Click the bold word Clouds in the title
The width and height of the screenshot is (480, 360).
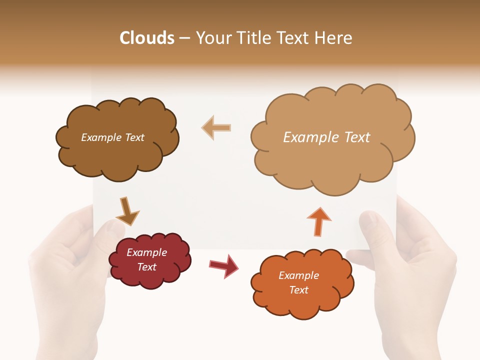pyautogui.click(x=147, y=38)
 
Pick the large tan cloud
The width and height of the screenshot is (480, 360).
pyautogui.click(x=332, y=160)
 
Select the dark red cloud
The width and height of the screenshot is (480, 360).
pyautogui.click(x=150, y=277)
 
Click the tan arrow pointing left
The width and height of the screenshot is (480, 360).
pyautogui.click(x=216, y=127)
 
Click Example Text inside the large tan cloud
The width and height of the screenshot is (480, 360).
pyautogui.click(x=326, y=137)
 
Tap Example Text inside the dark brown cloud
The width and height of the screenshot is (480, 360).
pyautogui.click(x=112, y=137)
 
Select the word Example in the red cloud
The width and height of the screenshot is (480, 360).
pyautogui.click(x=146, y=252)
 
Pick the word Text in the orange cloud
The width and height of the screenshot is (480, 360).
pyautogui.click(x=298, y=290)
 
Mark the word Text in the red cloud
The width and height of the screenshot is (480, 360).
pyautogui.click(x=146, y=267)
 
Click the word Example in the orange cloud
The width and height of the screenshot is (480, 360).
pyautogui.click(x=298, y=275)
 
